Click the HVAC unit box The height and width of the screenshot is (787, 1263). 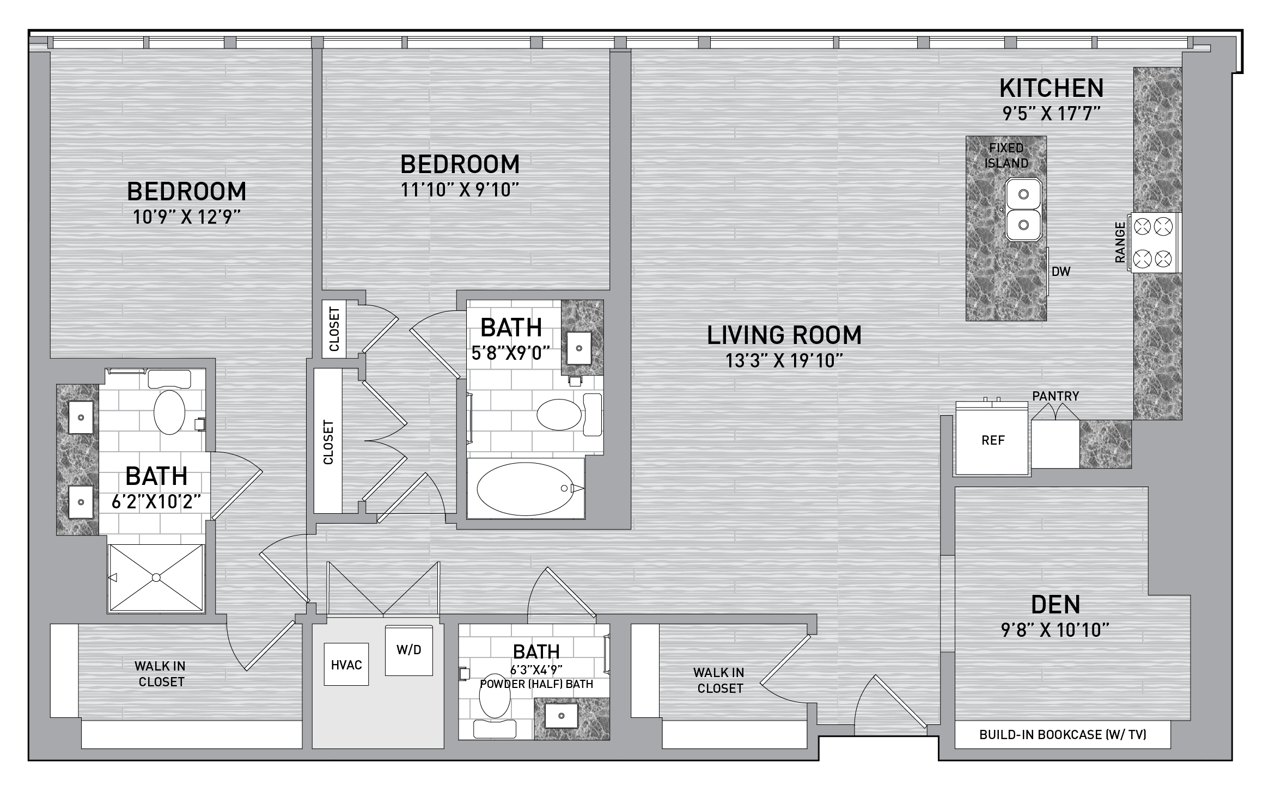(x=346, y=665)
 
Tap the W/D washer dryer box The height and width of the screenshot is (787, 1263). (x=409, y=650)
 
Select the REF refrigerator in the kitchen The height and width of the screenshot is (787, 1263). (x=992, y=440)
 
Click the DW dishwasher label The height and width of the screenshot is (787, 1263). (x=1061, y=271)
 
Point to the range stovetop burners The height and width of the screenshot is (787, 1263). (x=1154, y=242)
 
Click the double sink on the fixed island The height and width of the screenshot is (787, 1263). (x=1023, y=209)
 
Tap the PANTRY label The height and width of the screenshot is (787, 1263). (x=1055, y=396)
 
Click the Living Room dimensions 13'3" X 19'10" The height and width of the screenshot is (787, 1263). (x=784, y=360)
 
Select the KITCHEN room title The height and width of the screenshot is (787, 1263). (x=1051, y=88)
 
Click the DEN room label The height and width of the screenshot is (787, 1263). (x=1055, y=604)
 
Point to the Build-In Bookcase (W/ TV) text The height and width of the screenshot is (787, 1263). (x=1063, y=735)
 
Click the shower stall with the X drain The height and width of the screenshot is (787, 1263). (x=156, y=577)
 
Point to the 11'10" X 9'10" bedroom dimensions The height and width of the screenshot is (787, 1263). (x=460, y=190)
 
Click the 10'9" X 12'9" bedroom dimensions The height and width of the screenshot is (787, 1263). (x=186, y=217)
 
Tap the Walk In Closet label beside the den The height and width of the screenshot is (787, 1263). (x=719, y=680)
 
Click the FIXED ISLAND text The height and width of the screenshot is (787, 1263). (x=1006, y=156)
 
